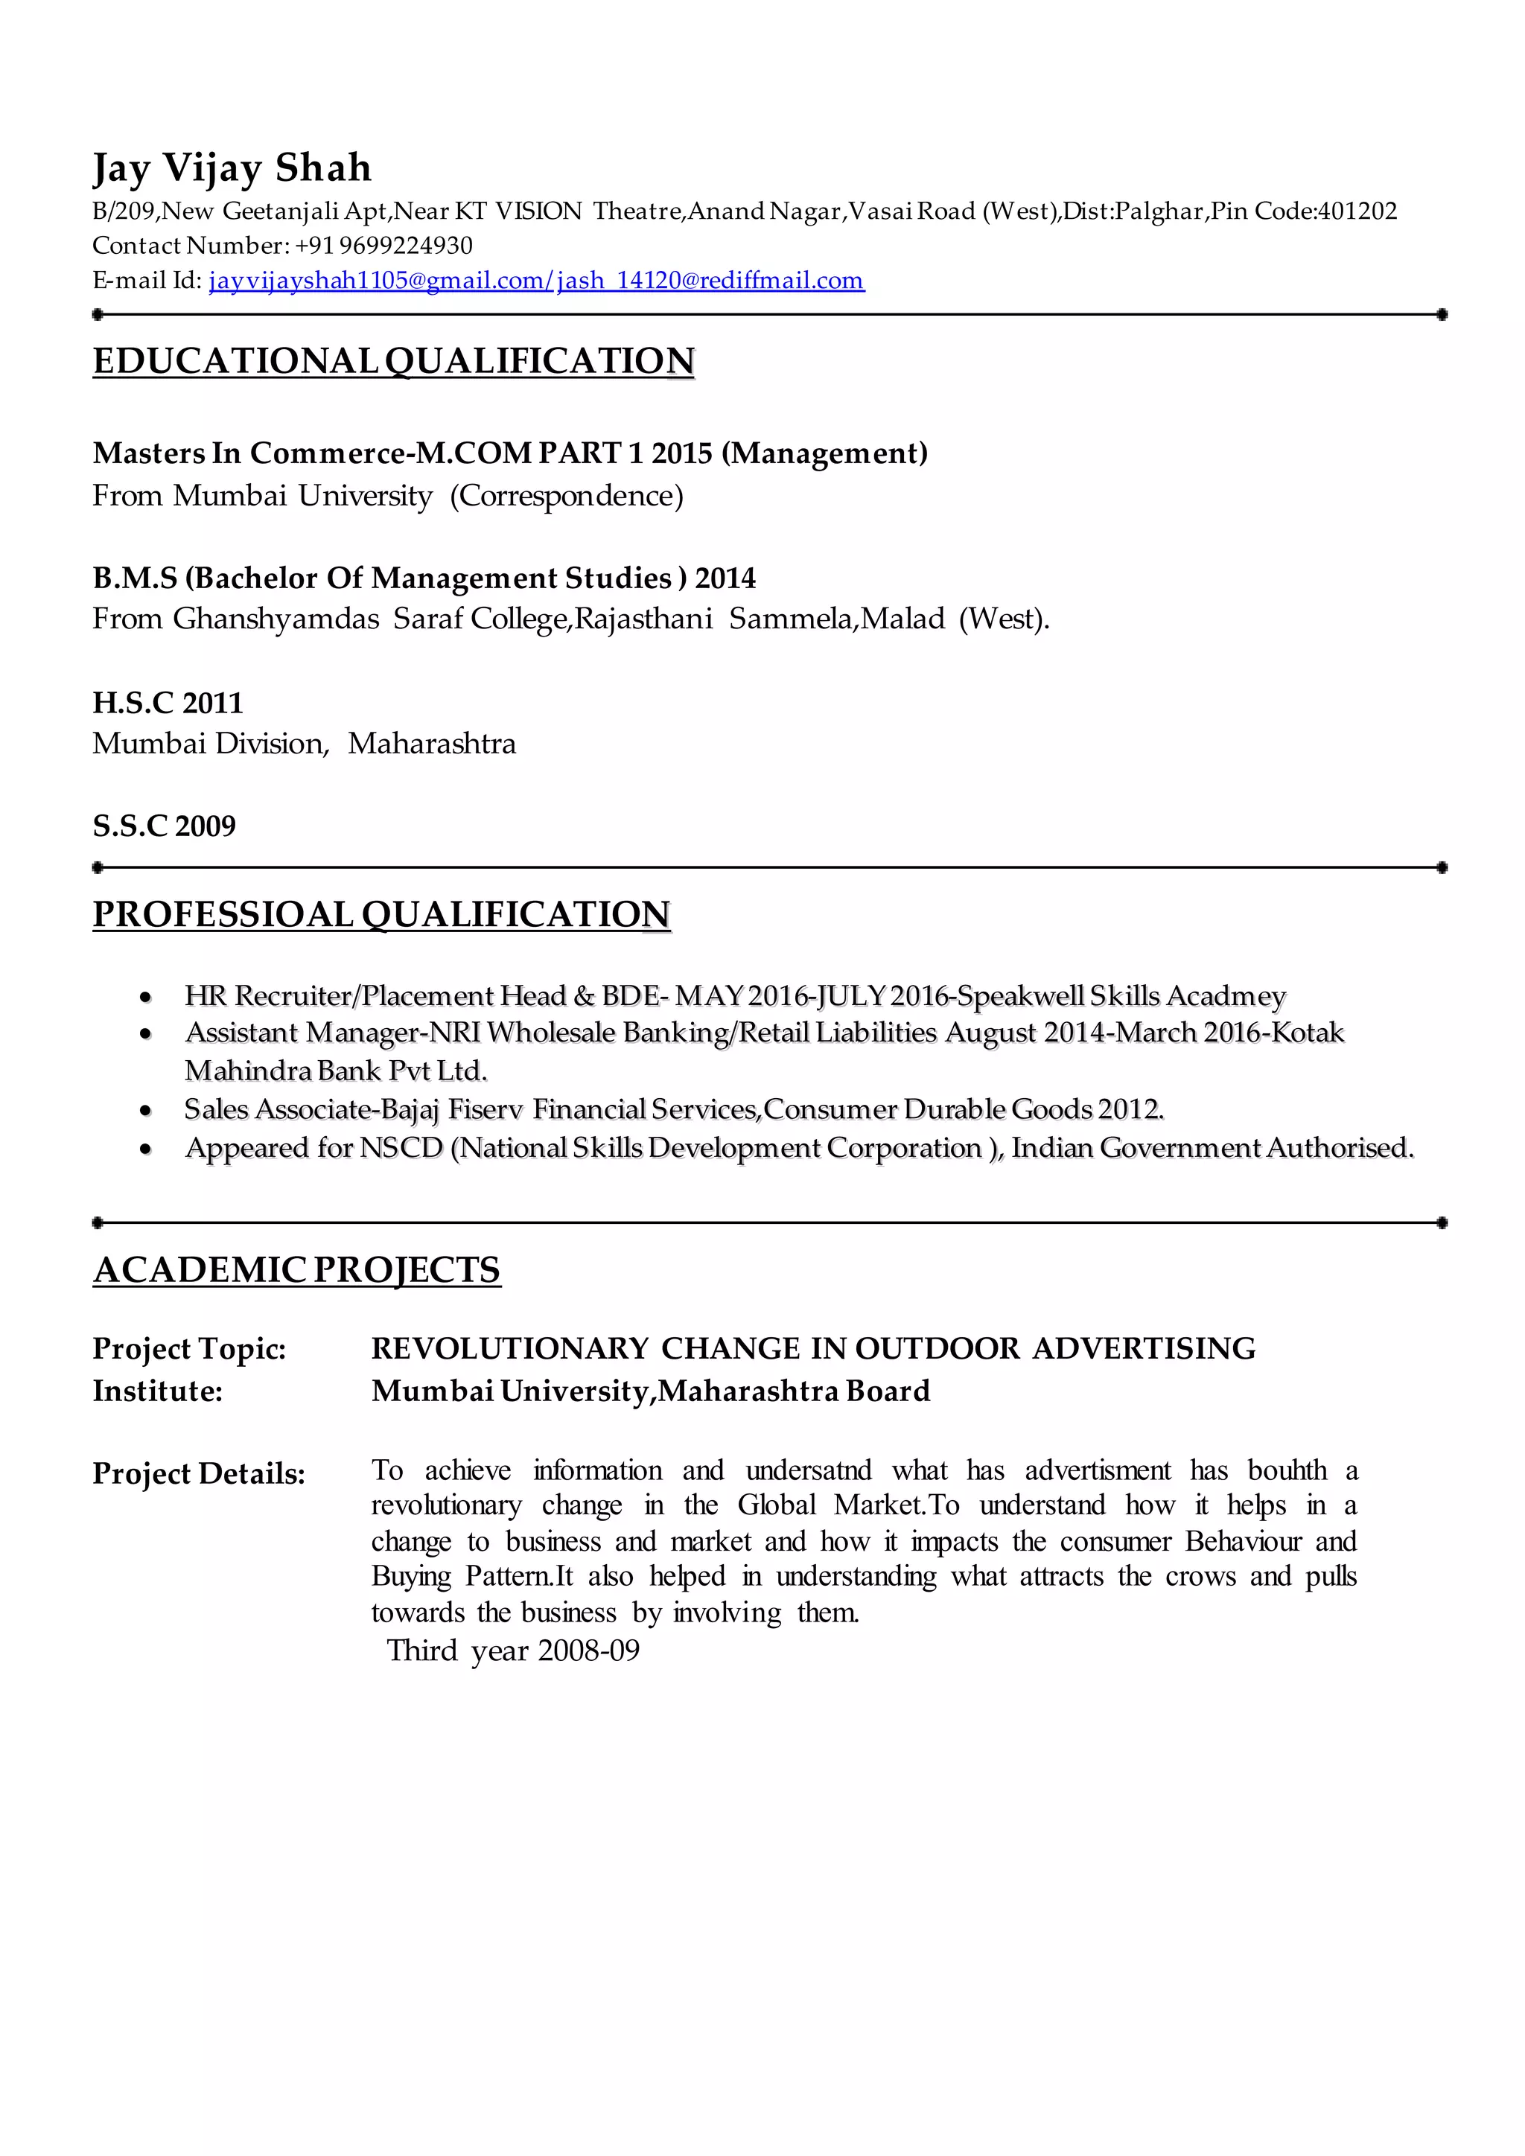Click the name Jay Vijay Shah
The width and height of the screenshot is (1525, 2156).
tap(232, 169)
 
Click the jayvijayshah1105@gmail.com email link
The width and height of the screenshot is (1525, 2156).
tap(381, 281)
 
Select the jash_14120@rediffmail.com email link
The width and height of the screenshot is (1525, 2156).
tap(711, 281)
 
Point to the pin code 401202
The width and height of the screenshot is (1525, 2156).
tap(1358, 211)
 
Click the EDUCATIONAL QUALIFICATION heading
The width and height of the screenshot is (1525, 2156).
tap(393, 362)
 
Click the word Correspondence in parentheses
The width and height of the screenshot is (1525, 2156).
tap(567, 496)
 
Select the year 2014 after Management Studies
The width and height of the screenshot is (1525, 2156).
tap(725, 578)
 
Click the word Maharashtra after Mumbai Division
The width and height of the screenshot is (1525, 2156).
tap(431, 744)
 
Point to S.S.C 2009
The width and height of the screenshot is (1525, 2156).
tap(165, 826)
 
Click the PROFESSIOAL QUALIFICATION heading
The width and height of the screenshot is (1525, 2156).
tap(381, 915)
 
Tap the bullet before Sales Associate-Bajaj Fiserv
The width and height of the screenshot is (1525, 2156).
tap(145, 1111)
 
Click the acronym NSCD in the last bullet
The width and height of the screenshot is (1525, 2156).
tap(401, 1149)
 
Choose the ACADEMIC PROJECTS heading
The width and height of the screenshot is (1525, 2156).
tap(297, 1271)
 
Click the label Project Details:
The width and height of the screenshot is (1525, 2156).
tap(199, 1474)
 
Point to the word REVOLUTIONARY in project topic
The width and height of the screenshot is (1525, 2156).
tap(510, 1350)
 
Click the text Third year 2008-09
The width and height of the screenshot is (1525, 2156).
tap(514, 1651)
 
